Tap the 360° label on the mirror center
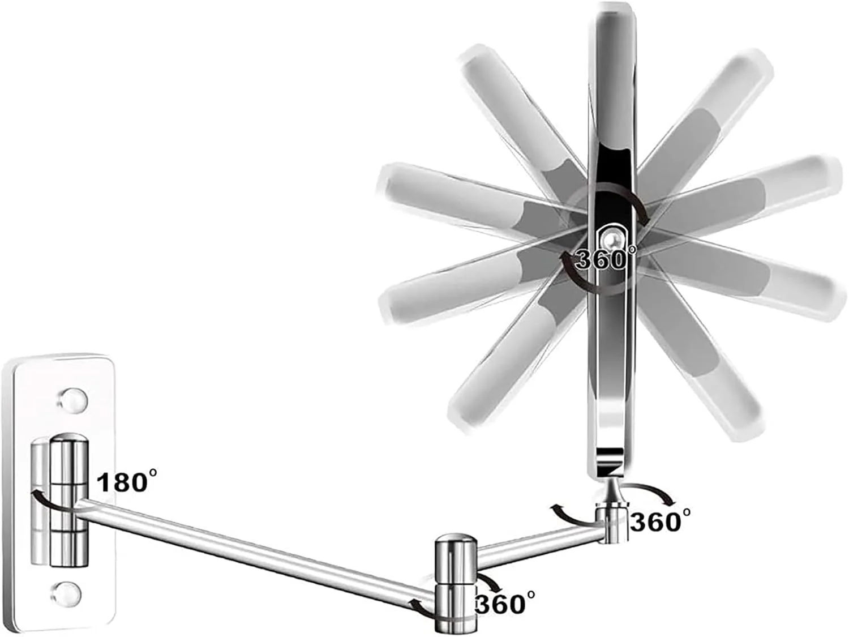click(604, 259)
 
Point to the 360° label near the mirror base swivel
click(659, 521)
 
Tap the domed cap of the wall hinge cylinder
click(68, 441)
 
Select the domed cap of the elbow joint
click(456, 541)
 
